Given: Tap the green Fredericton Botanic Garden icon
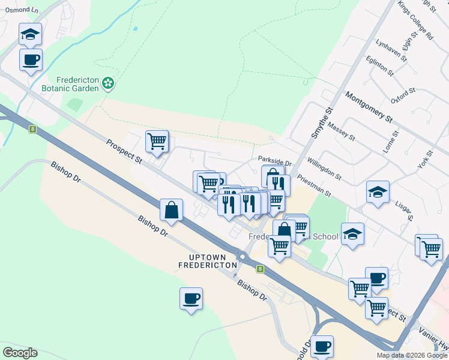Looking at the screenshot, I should point(108,83).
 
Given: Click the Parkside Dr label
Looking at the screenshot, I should point(274,162).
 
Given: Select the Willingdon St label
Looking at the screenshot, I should point(324,170).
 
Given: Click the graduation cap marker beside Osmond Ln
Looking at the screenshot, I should point(30,35).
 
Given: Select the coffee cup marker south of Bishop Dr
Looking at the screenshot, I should point(191,298).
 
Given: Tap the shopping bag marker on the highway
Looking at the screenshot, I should point(172,210).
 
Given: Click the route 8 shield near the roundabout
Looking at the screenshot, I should point(261,269).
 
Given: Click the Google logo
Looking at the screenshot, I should point(20,353).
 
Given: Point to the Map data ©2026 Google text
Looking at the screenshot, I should point(412,355).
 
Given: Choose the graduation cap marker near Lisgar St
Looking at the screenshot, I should point(378,192).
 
